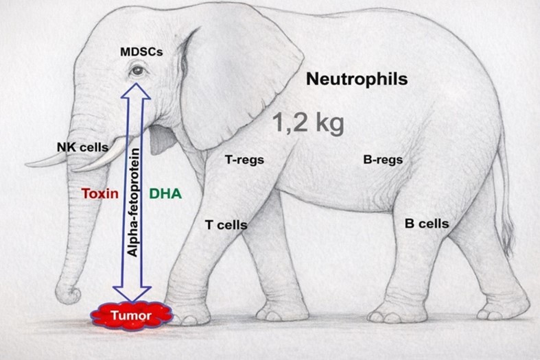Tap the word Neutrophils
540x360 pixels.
coord(356,79)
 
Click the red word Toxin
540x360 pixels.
coord(100,193)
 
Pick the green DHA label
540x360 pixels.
coord(165,193)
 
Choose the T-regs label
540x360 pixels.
coord(244,160)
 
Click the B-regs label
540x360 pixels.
coord(382,160)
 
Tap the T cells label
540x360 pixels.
coord(226,224)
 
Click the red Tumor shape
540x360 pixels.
coord(131,315)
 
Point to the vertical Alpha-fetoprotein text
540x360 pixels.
coord(134,202)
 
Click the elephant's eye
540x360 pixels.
coord(138,70)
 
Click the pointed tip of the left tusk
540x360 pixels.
coord(28,165)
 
